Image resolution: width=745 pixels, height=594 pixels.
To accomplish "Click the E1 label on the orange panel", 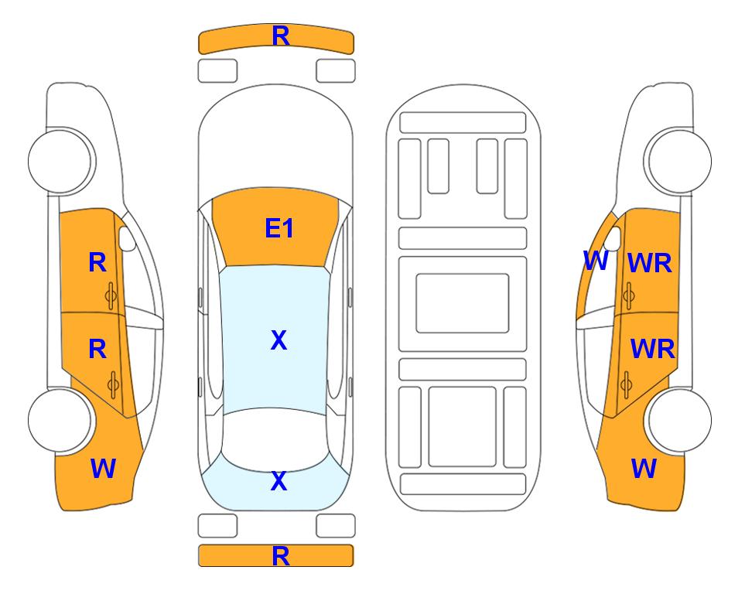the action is click(279, 228).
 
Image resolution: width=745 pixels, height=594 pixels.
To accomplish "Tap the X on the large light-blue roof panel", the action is click(279, 340).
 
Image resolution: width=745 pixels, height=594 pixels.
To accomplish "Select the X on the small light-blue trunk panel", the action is click(279, 481).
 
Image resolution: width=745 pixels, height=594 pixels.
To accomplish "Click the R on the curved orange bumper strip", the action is click(281, 36).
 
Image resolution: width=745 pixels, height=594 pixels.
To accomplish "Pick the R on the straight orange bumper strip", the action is click(281, 556).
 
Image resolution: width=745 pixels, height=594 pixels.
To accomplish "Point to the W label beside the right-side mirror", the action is click(596, 261).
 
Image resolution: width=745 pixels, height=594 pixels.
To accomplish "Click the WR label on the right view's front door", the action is click(650, 263).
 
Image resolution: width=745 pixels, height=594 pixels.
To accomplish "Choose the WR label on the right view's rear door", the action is click(652, 350).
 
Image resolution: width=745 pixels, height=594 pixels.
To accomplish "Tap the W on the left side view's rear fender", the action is click(103, 469).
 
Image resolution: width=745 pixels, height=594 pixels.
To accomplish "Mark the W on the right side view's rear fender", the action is click(644, 469).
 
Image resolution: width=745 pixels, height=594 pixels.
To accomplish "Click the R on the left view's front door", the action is click(97, 262).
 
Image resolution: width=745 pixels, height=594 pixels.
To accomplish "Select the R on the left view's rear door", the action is click(97, 350).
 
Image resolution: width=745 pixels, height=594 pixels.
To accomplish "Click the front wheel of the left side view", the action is click(60, 161).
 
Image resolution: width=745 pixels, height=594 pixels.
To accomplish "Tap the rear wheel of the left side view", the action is click(60, 420).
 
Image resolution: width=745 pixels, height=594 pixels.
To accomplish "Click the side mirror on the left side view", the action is click(126, 238).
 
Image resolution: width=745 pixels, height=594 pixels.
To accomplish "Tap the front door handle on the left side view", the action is click(111, 295).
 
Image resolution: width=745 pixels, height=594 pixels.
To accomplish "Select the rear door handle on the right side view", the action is click(627, 384).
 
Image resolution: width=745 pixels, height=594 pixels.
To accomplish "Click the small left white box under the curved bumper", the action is click(217, 71).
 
